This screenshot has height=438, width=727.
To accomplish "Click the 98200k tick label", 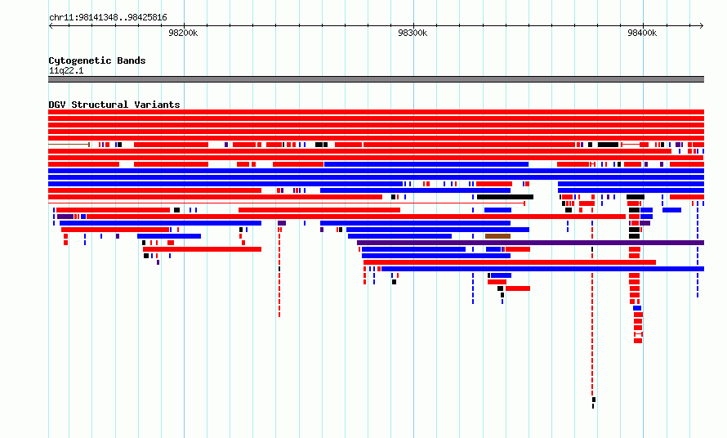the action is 183,33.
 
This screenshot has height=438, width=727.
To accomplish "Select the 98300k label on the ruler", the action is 413,33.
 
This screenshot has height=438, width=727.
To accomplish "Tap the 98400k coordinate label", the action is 642,33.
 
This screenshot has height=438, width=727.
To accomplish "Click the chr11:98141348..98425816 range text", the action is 108,18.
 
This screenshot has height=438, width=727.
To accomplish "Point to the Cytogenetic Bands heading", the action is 97,60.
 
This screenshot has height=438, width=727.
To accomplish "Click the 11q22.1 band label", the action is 66,70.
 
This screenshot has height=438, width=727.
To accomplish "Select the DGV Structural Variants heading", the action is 114,105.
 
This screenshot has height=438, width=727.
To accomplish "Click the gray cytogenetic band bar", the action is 376,79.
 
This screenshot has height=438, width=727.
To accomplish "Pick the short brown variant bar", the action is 497,236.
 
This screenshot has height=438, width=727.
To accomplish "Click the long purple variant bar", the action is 530,243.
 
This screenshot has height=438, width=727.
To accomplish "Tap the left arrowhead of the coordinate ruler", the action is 51,26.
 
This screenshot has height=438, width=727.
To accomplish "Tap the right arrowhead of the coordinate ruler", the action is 702,26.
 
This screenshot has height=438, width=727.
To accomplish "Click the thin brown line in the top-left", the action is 69,145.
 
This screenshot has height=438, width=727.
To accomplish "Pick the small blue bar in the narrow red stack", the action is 637,308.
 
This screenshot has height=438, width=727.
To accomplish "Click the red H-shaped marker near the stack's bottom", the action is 638,334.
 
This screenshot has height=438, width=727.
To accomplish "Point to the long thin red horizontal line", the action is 287,203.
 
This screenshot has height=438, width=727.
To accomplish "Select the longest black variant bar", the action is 505,197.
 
